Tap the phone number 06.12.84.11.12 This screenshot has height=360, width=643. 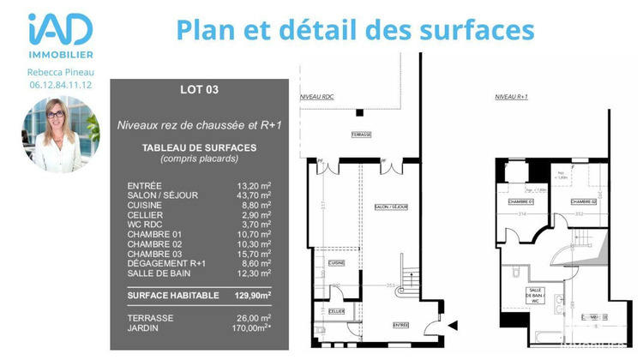tap(60, 85)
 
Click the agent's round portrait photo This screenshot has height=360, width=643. tap(60, 135)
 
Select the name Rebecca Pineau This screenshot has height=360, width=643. tap(60, 72)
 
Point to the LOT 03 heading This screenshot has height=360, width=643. tap(200, 89)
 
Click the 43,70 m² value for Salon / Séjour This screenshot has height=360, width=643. tap(254, 195)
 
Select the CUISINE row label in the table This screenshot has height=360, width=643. tap(145, 205)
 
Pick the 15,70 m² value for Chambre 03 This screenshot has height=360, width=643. tap(254, 254)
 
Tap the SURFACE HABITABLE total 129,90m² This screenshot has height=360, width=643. tap(254, 294)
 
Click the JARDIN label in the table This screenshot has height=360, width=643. tap(142, 327)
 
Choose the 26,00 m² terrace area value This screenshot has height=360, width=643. tap(254, 318)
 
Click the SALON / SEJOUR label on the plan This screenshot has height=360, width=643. tap(391, 207)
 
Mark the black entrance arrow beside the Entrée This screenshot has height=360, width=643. tap(453, 325)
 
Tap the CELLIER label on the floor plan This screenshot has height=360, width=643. tap(336, 311)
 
